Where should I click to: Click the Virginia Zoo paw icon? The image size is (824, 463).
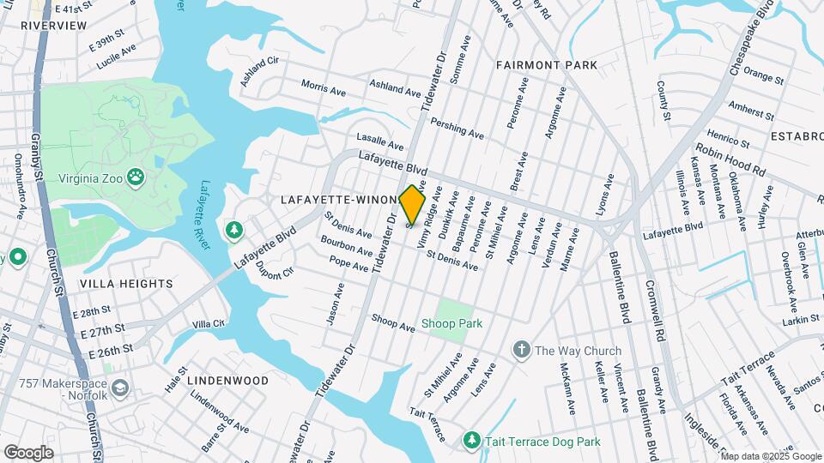[136, 177]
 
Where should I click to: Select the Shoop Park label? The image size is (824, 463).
[451, 323]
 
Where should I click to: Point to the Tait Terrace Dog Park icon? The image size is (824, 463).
[471, 440]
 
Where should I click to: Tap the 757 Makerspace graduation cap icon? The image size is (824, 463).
[119, 388]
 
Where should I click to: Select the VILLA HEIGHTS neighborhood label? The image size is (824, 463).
[126, 283]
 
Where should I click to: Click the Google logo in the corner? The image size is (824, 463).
[28, 452]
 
